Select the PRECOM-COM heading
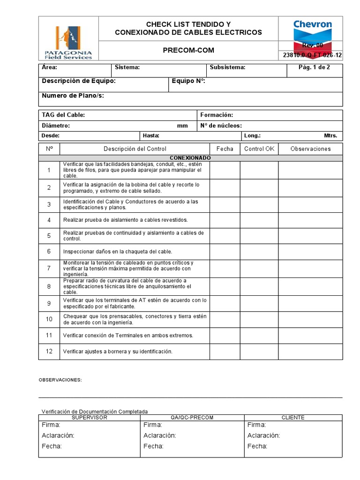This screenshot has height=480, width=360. pos(188,50)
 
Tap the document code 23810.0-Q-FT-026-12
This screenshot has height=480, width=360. pos(312,55)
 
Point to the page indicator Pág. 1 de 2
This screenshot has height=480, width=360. pos(314,67)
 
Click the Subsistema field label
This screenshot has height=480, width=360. pos(227,67)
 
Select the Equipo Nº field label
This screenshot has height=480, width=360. pos(188,81)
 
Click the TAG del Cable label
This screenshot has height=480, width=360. pos(63,115)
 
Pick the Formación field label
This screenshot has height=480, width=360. pos(217,115)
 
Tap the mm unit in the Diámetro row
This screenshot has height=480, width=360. pos(182,126)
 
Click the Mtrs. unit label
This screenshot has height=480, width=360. pos(330,135)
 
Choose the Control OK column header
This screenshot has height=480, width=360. pos(259,149)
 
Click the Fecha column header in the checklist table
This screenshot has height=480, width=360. pos(225,149)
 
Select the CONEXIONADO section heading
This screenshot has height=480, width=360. pos(190,158)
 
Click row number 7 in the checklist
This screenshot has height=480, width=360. pos(49,268)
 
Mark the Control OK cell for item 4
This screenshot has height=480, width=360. pos(259,220)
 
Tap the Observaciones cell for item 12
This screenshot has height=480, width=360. pos(310,351)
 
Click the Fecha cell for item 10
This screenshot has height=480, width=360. pos(225,320)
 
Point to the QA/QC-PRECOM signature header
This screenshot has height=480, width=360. pos(192,417)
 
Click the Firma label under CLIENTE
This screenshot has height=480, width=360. pos(256,425)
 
